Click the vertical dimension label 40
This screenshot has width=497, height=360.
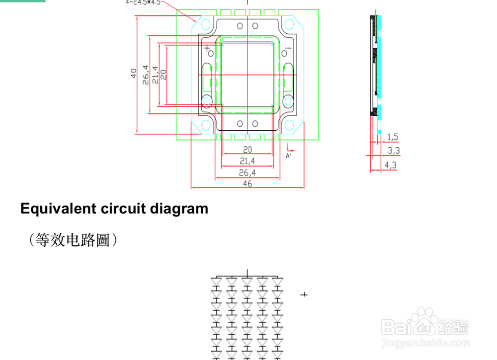click(133, 74)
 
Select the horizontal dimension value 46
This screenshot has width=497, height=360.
click(248, 183)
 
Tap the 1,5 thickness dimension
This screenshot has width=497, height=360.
click(392, 137)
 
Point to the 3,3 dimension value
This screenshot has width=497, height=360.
click(393, 150)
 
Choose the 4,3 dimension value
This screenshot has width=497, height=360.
click(391, 165)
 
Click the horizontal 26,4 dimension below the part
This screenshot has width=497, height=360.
click(248, 173)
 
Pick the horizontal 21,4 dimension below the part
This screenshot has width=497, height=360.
click(248, 161)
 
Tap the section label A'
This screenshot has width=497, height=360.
click(288, 156)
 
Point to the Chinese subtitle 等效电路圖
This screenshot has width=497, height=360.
click(74, 241)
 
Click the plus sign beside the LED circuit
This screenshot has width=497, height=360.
click(304, 295)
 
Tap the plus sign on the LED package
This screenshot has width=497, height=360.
click(207, 48)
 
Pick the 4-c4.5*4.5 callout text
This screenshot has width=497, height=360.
click(145, 2)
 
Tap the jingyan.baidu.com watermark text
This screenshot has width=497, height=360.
click(424, 344)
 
